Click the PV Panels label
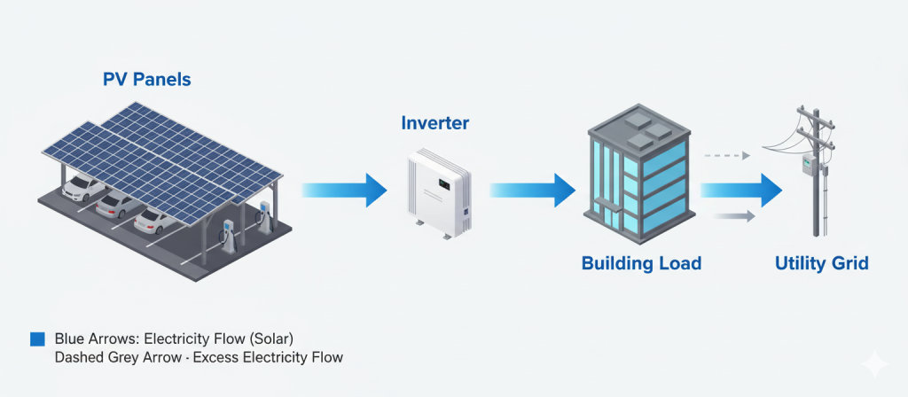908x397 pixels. [x=147, y=80]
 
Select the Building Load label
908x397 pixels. [x=641, y=263]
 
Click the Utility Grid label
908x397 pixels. [x=821, y=263]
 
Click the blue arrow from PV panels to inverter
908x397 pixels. [x=346, y=189]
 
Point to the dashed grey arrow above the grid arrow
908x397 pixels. [x=727, y=155]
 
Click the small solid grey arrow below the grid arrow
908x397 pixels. [x=732, y=215]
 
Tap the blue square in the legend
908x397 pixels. [x=36, y=339]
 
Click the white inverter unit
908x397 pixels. [x=434, y=194]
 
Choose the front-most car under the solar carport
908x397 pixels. [x=156, y=222]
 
